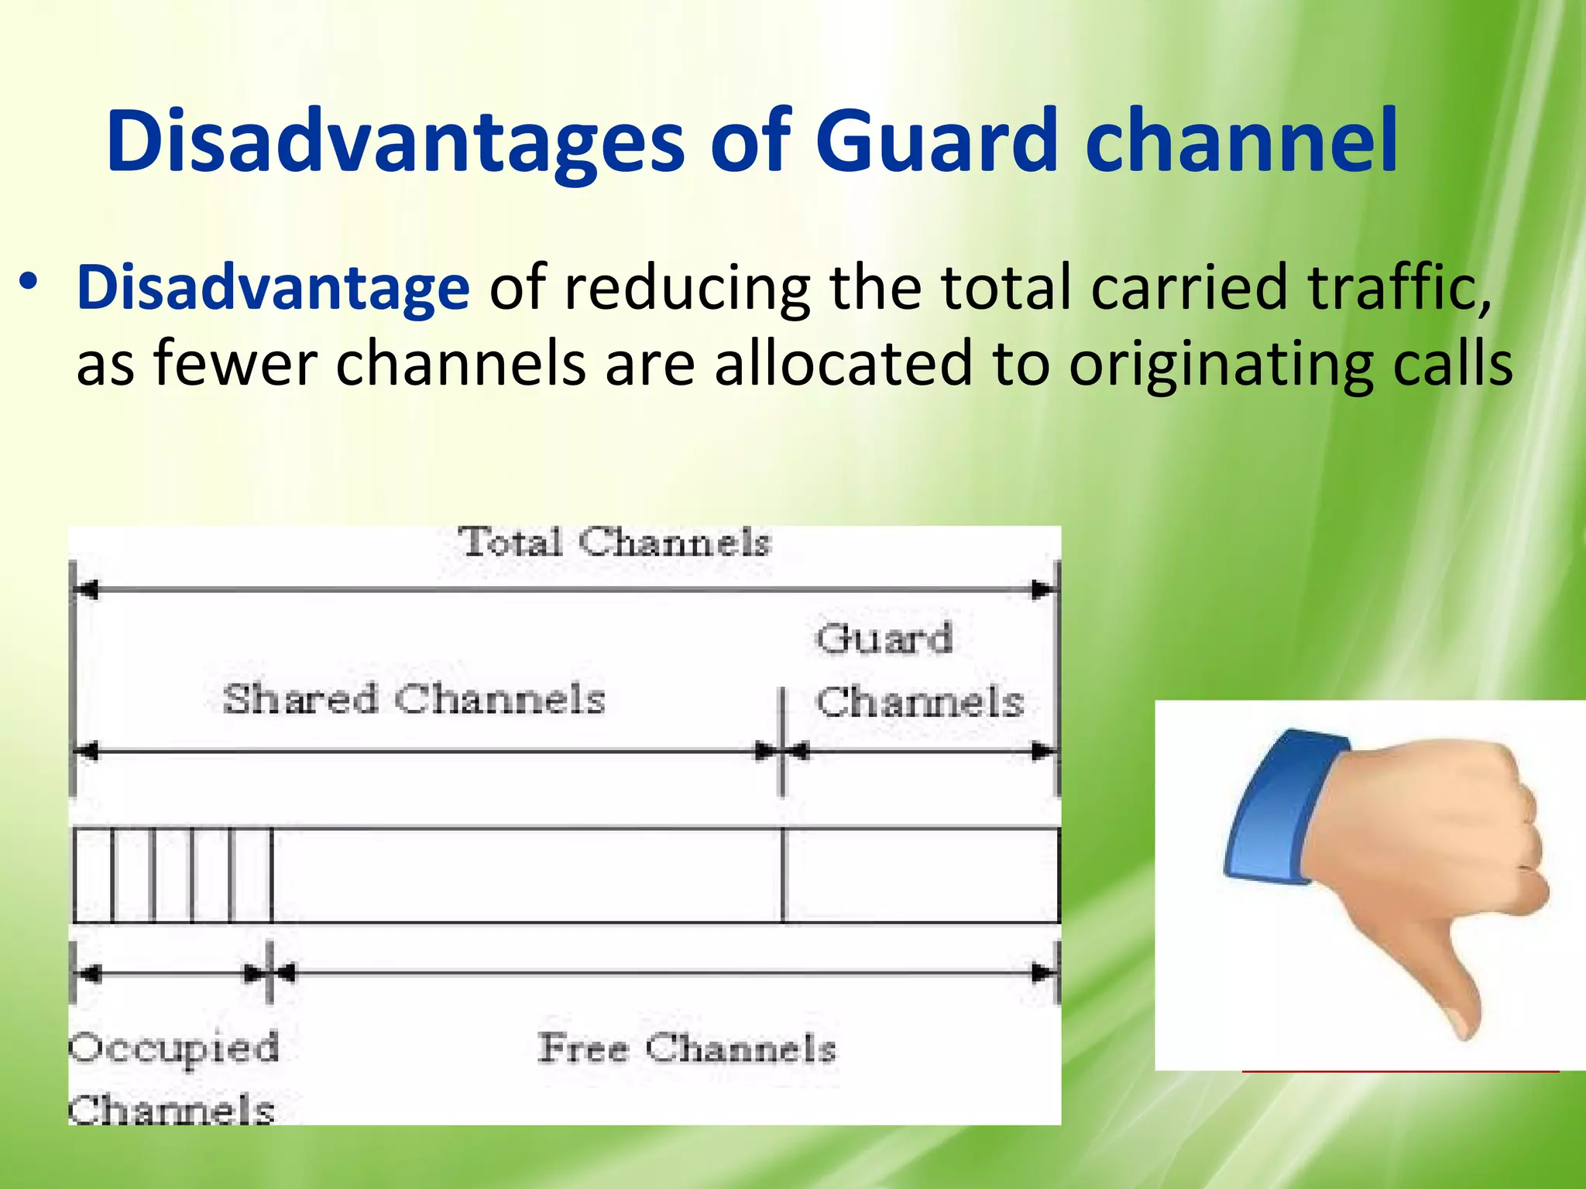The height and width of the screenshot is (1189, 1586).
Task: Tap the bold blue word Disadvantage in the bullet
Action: tap(273, 287)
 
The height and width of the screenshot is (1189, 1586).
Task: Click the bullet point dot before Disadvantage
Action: tap(29, 283)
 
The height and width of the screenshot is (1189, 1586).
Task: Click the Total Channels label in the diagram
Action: tap(614, 542)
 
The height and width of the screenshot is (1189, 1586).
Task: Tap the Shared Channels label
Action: tap(414, 699)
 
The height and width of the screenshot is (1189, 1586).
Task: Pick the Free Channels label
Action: tap(687, 1049)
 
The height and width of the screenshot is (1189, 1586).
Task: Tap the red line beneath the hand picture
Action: tap(1400, 1071)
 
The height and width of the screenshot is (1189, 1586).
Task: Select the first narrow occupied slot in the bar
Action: tap(93, 875)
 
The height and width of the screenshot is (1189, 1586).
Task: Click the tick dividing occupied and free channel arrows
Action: tap(269, 972)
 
